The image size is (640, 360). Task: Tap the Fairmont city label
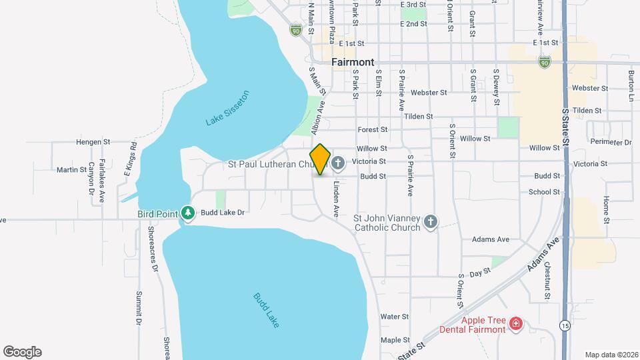[x=353, y=62]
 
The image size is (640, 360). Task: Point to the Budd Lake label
[x=266, y=310]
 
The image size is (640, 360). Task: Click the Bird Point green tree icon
[x=189, y=213]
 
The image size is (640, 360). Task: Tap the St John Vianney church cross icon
[x=431, y=222]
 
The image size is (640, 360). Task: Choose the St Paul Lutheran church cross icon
[x=338, y=163]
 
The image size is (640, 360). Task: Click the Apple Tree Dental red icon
[x=515, y=324]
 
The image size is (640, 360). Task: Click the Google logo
[x=22, y=352]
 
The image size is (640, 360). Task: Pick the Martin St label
[x=71, y=170]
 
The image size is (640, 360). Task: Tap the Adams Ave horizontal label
[x=490, y=239]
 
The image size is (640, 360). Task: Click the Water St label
[x=394, y=316]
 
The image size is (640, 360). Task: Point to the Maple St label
[x=395, y=340]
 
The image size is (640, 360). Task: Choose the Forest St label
[x=373, y=129]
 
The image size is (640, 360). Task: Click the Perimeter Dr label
[x=610, y=141]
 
